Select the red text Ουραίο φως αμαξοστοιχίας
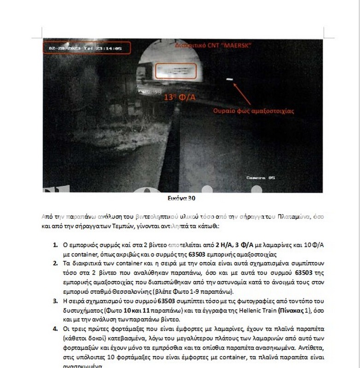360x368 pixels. click(x=253, y=111)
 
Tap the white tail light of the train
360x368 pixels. click(x=230, y=80)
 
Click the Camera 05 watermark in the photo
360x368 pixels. click(x=261, y=177)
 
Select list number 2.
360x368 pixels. click(x=55, y=263)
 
